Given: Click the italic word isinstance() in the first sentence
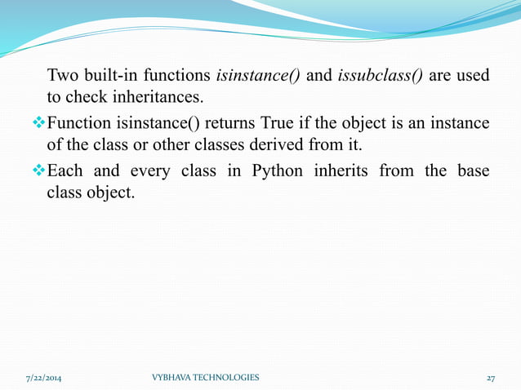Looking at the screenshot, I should pos(259,77).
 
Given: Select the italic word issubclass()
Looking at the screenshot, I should pos(380,77).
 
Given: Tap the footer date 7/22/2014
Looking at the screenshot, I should pos(43,378).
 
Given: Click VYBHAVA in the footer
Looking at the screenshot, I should pos(173,378).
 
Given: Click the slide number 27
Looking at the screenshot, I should pos(490,378).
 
